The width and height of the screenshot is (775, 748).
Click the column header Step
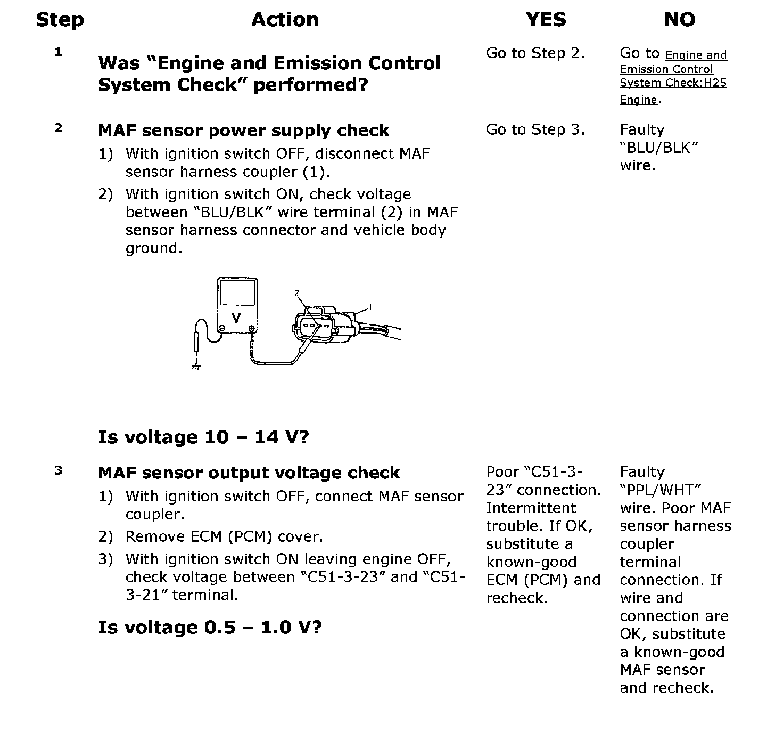pyautogui.click(x=60, y=20)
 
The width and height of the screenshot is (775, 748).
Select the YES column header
pyautogui.click(x=546, y=20)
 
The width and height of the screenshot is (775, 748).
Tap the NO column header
pyautogui.click(x=679, y=20)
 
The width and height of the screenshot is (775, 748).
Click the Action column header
pyautogui.click(x=285, y=20)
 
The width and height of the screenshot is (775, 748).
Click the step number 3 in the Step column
pyautogui.click(x=59, y=470)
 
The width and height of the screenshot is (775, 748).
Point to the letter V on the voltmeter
pyautogui.click(x=237, y=318)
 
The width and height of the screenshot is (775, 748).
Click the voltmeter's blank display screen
pyautogui.click(x=237, y=292)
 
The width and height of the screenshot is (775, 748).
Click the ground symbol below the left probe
pyautogui.click(x=196, y=366)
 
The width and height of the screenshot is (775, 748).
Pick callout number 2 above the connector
pyautogui.click(x=297, y=292)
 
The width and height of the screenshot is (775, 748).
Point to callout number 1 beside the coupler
pyautogui.click(x=370, y=306)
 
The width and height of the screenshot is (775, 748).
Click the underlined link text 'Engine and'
pyautogui.click(x=696, y=55)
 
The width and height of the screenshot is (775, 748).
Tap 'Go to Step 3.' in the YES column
pyautogui.click(x=535, y=129)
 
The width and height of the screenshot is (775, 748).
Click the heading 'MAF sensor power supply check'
pyautogui.click(x=243, y=131)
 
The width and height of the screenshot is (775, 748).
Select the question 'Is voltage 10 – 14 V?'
pyautogui.click(x=203, y=437)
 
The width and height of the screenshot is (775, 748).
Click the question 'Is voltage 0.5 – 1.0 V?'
pyautogui.click(x=210, y=628)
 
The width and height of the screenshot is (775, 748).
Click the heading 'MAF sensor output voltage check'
pyautogui.click(x=249, y=473)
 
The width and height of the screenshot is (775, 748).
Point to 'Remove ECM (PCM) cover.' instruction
pyautogui.click(x=224, y=536)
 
